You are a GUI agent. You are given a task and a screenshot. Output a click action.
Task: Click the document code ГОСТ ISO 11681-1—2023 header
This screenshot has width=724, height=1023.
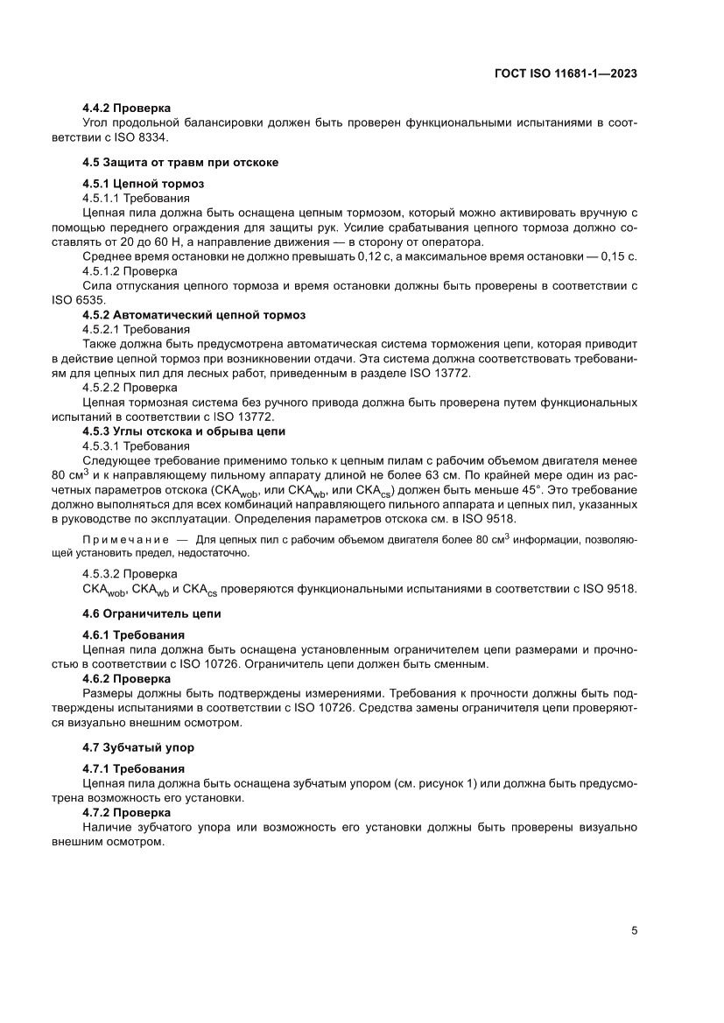coord(565,74)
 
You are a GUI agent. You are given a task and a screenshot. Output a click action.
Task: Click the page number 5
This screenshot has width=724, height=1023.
coord(634,931)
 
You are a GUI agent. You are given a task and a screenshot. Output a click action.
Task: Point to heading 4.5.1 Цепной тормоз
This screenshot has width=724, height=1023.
coord(144,184)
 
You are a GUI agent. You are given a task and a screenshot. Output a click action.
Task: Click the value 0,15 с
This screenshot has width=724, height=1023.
coord(616,256)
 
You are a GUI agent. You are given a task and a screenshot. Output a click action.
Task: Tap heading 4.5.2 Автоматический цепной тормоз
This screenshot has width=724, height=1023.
coord(193,314)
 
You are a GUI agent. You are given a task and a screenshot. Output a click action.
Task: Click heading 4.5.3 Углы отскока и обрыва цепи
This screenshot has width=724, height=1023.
coord(183,431)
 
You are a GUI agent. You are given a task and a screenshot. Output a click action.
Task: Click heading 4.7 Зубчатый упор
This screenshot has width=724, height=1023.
coord(138,747)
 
